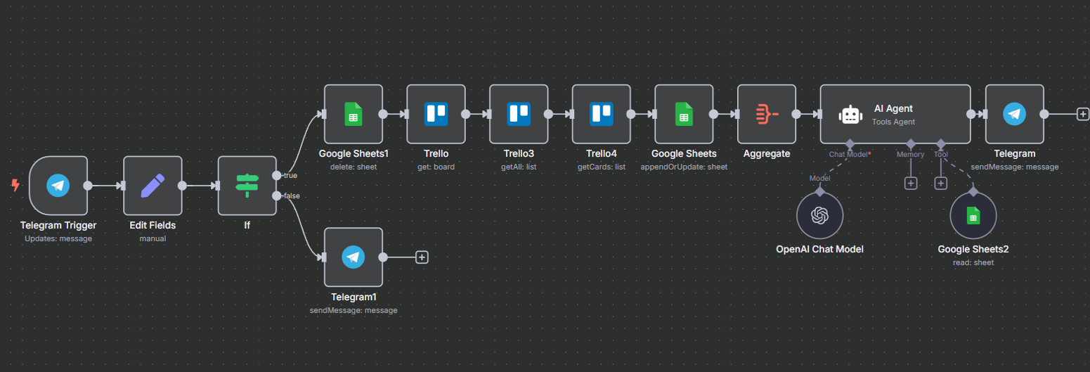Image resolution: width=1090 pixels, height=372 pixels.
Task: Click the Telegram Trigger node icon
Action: coord(58,186)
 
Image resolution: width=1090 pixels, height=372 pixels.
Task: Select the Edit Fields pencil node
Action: coord(153,186)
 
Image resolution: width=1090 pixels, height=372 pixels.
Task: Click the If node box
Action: coord(247,186)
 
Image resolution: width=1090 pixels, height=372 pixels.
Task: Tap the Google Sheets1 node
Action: coord(353,114)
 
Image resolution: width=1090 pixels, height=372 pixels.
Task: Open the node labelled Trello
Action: coord(436,114)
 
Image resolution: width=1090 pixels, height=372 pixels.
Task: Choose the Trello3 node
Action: coord(519,114)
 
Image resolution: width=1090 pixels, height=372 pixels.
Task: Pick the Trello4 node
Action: coord(601,114)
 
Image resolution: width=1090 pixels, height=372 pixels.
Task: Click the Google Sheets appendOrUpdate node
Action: coord(684,114)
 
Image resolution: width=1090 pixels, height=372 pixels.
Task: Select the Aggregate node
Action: coord(767,114)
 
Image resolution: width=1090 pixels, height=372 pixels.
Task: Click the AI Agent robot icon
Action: coord(850,115)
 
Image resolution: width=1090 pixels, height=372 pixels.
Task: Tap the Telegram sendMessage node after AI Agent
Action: coord(1014,114)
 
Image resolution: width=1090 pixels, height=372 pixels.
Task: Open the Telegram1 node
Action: coord(353,257)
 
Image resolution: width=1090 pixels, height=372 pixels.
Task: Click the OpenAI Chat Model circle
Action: coord(819,216)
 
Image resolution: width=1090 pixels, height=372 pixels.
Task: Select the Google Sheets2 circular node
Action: coord(973,216)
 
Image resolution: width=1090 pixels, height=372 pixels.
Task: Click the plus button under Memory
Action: coord(911,184)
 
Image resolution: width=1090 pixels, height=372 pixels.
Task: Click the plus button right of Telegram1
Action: coord(422,257)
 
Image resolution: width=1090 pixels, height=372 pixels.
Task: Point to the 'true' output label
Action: coord(291,175)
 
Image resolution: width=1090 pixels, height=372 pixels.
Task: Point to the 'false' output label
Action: coord(292,195)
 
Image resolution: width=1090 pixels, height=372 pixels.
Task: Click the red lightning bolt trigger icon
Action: coord(15,186)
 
